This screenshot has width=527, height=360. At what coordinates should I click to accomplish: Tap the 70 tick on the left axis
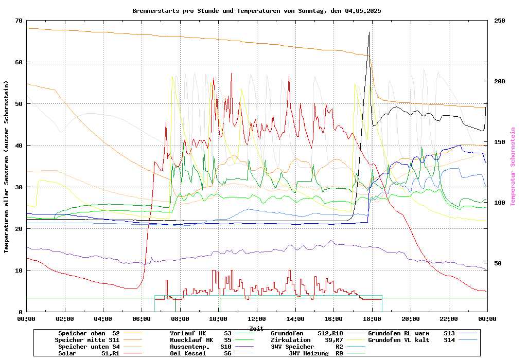click(x=19, y=21)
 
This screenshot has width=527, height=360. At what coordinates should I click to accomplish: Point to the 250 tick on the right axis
click(x=500, y=21)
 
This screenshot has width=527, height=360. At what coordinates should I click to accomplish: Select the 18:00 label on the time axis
click(x=372, y=319)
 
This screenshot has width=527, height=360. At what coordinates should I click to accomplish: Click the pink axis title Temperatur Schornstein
click(x=513, y=167)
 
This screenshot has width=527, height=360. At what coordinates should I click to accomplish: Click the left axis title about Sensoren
click(x=7, y=167)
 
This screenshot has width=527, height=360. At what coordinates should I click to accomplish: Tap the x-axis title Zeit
click(x=256, y=328)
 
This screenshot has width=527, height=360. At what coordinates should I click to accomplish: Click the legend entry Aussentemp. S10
click(x=204, y=347)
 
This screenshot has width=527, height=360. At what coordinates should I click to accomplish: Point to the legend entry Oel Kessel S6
click(x=204, y=353)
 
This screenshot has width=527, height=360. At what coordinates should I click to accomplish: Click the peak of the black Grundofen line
click(x=369, y=32)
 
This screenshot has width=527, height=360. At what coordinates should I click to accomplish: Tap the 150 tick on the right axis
click(x=500, y=142)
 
